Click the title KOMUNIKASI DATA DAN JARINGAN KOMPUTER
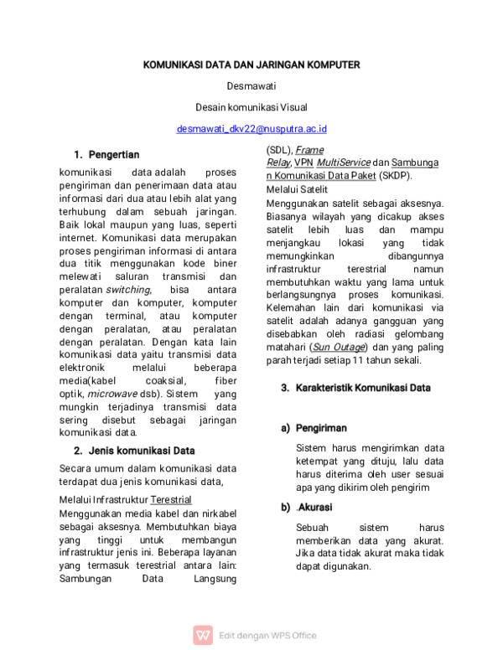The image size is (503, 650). coord(251,64)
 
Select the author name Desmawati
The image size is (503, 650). coord(251,85)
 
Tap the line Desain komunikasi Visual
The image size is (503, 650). coord(251,107)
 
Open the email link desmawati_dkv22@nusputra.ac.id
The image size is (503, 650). coord(251,129)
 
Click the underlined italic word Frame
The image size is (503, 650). coord(309,151)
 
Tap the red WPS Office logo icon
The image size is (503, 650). coord(203,635)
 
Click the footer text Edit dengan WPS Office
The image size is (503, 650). coord(267,636)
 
